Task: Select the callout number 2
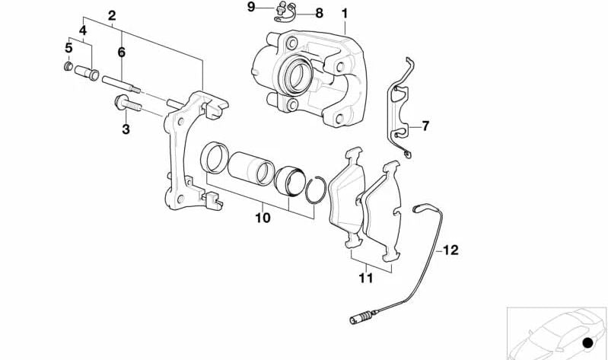point(112,15)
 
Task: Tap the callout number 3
point(126,130)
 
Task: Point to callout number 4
point(82,31)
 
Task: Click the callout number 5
point(68,47)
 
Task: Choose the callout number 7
point(425,125)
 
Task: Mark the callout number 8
point(318,13)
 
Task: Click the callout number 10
point(263,218)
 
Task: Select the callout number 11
point(366,279)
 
